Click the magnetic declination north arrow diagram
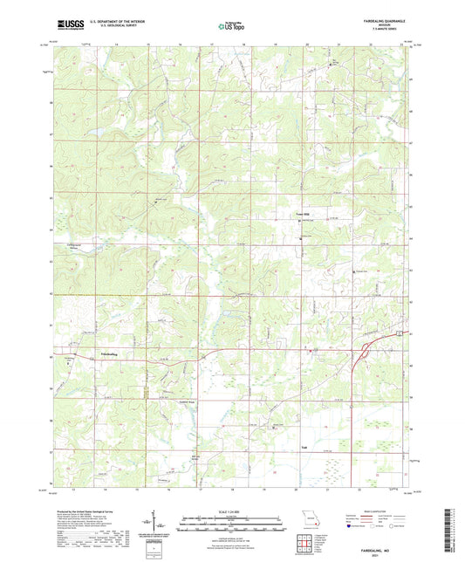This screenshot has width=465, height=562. click(154, 527)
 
